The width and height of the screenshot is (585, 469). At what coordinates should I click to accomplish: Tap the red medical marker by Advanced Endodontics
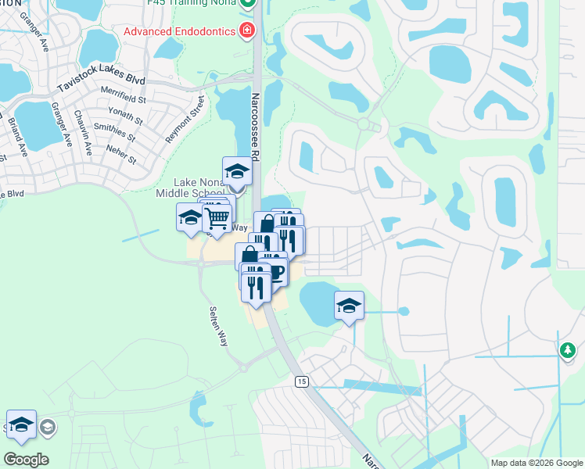247,30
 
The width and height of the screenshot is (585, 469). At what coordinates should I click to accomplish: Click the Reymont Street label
185,120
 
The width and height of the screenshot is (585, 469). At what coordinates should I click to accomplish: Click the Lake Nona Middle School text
190,188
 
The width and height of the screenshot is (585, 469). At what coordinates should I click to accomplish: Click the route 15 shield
301,381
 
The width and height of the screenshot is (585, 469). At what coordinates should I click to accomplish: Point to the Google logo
26,459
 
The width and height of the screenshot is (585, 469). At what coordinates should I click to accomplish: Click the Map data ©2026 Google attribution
537,463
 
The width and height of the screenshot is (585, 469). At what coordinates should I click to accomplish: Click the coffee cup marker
275,271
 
